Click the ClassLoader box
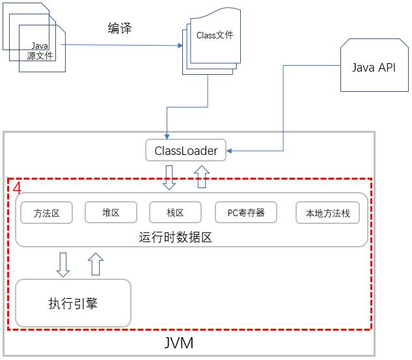(x=185, y=151)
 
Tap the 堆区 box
(x=111, y=212)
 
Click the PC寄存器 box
(x=246, y=212)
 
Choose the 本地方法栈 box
(x=327, y=213)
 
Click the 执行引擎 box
(x=73, y=303)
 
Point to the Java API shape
(x=373, y=68)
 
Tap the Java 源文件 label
(x=40, y=51)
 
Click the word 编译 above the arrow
(x=120, y=28)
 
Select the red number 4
(x=17, y=187)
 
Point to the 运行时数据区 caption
(x=176, y=237)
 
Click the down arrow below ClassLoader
(x=169, y=177)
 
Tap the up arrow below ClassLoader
(x=202, y=176)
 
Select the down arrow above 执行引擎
(x=63, y=264)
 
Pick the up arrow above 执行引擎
(x=96, y=264)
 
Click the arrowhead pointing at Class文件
(x=180, y=46)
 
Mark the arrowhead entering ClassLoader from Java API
(x=229, y=152)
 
